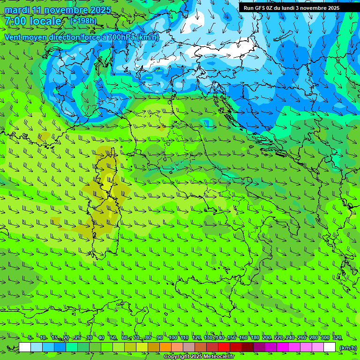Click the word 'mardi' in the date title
point(17,10)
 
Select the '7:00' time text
point(16,21)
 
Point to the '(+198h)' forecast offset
point(83,21)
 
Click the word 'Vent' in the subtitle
point(13,37)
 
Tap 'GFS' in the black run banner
point(259,8)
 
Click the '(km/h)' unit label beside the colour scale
point(347,347)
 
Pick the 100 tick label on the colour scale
point(172,338)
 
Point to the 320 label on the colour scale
point(337,338)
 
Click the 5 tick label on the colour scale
point(30,338)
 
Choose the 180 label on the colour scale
point(255,338)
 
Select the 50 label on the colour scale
point(112,338)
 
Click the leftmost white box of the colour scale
point(25,347)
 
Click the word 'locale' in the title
point(46,21)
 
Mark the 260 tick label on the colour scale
point(301,338)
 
